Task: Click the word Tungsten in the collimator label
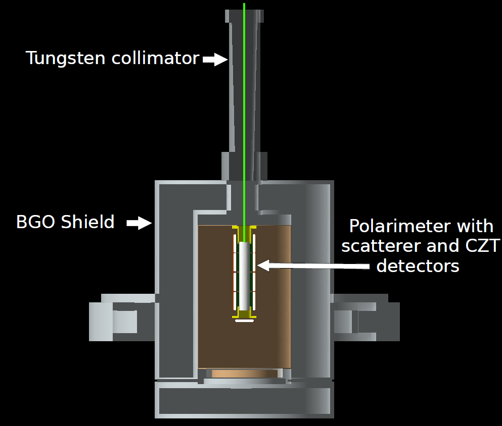(61, 59)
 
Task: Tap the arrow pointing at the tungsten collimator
(215, 60)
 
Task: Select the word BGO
(35, 222)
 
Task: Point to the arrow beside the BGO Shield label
(139, 223)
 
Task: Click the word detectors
(418, 266)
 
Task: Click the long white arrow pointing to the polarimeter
(313, 266)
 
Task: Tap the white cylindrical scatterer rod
(244, 275)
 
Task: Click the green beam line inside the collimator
(244, 101)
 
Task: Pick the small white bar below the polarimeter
(244, 320)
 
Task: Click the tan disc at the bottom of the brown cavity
(244, 374)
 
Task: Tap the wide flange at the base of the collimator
(244, 167)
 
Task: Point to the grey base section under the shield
(244, 401)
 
